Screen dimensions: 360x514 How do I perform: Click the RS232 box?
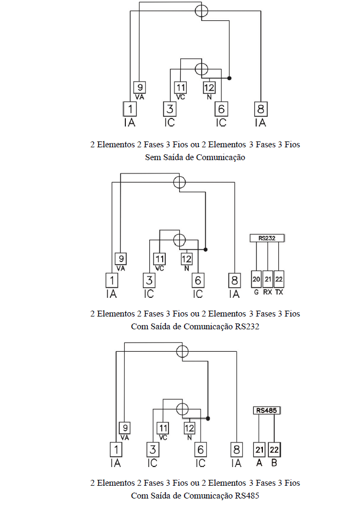[267, 238]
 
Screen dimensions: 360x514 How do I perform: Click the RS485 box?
[267, 410]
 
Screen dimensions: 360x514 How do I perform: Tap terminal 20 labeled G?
[256, 279]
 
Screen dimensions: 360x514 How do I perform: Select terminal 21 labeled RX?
[268, 279]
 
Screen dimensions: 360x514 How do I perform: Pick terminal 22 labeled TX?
[279, 279]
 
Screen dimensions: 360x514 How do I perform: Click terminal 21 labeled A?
[259, 450]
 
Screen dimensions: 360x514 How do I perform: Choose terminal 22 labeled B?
[274, 450]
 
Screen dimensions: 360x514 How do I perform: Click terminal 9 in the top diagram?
[140, 87]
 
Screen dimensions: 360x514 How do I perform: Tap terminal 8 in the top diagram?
[261, 109]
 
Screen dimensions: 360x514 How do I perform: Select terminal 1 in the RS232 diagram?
[112, 280]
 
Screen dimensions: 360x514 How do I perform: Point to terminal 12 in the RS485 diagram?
[189, 428]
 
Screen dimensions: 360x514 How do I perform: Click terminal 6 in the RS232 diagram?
[198, 280]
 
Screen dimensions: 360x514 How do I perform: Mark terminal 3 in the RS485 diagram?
[153, 449]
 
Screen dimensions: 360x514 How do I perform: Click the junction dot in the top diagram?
[229, 78]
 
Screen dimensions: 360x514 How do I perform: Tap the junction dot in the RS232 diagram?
[205, 249]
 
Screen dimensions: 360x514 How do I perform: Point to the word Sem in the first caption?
[151, 157]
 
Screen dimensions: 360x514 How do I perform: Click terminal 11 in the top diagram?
[180, 87]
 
